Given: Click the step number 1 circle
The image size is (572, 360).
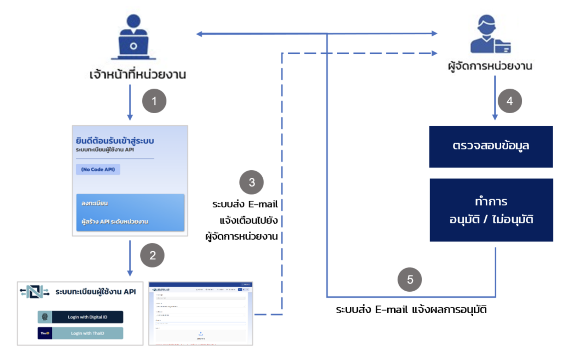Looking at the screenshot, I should click(154, 101).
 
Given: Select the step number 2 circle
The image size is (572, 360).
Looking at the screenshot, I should click(152, 255).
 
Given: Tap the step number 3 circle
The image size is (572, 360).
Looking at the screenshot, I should click(251, 182).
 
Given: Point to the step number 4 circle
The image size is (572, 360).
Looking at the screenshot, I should click(509, 101).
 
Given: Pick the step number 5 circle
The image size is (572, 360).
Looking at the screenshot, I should click(409, 280).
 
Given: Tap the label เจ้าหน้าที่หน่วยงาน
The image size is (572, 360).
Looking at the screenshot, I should click(138, 75).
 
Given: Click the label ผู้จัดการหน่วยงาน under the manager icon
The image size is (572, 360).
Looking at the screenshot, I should click(490, 66).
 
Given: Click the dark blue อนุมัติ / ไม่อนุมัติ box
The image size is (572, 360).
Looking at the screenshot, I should click(491, 210).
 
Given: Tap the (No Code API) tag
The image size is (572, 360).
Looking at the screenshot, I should click(98, 169).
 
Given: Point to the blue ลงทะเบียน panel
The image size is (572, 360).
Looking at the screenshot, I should click(130, 212).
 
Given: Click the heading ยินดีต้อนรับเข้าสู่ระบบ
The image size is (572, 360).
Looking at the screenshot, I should click(115, 141).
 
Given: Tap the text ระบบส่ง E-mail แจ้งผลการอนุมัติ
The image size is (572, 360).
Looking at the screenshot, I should click(411, 310).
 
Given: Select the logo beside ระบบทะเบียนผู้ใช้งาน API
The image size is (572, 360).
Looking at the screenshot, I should click(34, 292).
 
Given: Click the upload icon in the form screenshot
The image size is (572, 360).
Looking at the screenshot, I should click(201, 334).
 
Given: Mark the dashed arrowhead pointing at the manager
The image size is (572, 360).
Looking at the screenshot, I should click(434, 53).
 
